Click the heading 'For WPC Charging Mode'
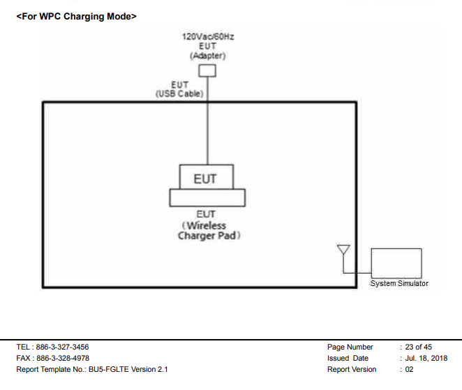coord(77,16)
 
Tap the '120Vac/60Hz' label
coord(207,36)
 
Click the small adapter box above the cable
coord(207,70)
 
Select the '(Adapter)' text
coord(207,55)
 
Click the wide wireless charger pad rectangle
coord(207,197)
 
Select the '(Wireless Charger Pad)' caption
coord(207,231)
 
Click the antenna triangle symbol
coord(343,250)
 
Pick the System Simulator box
coord(396,263)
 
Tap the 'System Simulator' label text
coord(399,283)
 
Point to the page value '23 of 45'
coord(419,347)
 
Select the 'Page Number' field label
coord(350,347)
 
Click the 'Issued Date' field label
coord(348,358)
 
